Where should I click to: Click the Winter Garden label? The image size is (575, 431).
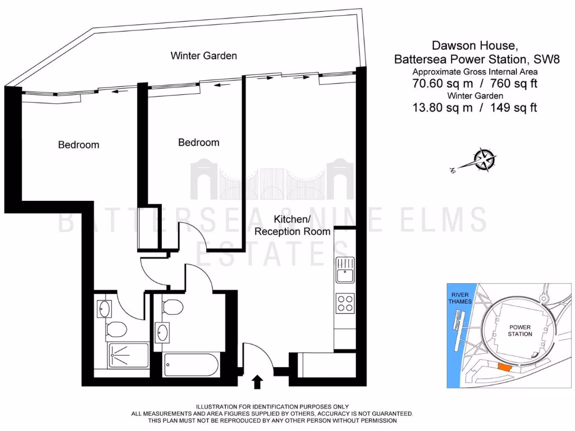pyautogui.click(x=203, y=56)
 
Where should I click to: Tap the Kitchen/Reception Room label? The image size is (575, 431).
pyautogui.click(x=293, y=224)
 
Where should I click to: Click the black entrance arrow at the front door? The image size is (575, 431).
pyautogui.click(x=257, y=382)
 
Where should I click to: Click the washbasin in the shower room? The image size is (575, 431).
pyautogui.click(x=105, y=308)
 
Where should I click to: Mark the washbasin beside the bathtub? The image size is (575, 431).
pyautogui.click(x=163, y=332)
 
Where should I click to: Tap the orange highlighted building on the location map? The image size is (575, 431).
pyautogui.click(x=504, y=367)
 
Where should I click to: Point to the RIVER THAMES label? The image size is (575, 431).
pyautogui.click(x=457, y=298)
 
